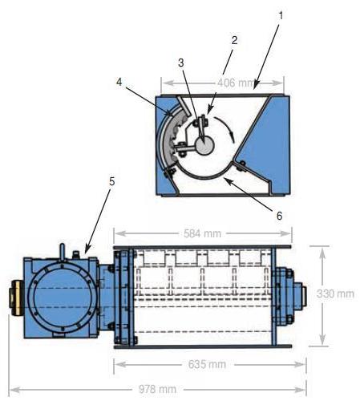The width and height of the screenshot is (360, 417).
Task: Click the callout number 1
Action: (x=281, y=16)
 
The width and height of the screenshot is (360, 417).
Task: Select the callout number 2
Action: (x=234, y=40)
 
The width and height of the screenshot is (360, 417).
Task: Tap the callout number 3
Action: (x=181, y=63)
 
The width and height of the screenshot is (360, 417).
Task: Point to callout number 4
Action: (x=119, y=82)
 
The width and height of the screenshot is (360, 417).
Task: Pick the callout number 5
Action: (x=112, y=182)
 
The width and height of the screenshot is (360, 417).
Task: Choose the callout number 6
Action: (x=279, y=216)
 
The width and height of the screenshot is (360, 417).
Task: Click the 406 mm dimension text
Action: (x=235, y=83)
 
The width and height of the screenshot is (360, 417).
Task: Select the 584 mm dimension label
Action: (x=203, y=233)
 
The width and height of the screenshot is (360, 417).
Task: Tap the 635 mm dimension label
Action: (x=207, y=364)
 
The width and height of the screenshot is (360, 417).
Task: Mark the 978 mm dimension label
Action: (x=158, y=389)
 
